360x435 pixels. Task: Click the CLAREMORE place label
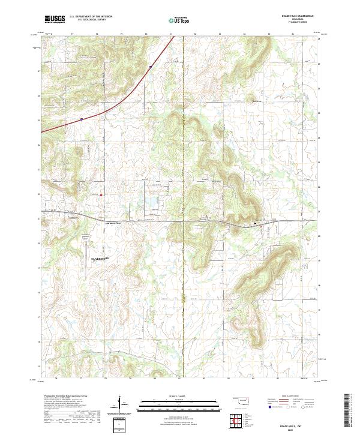point(101,258)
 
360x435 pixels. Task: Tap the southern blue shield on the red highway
point(81,119)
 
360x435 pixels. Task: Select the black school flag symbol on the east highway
point(256,224)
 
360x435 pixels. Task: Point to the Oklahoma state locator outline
point(243,400)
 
